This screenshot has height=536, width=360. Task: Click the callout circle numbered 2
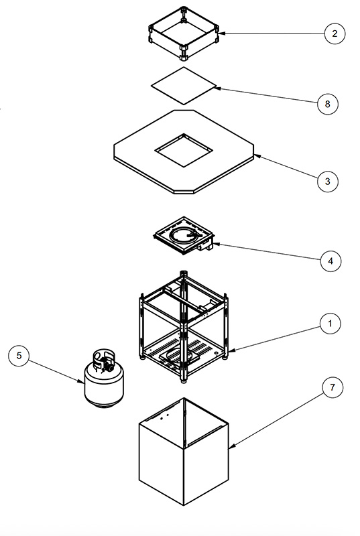335,33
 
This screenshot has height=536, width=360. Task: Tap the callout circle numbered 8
328,104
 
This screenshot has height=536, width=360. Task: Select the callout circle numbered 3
328,182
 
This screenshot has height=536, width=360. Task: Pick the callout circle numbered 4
331,261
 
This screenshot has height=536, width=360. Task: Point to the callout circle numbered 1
331,324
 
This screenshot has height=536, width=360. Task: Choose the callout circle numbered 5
19,356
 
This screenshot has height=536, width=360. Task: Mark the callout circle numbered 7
333,387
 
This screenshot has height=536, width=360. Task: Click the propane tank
104,379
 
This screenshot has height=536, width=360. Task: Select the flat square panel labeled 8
184,86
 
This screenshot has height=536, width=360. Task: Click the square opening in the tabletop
184,150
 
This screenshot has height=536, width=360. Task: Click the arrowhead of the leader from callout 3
255,155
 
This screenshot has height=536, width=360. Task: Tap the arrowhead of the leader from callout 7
230,447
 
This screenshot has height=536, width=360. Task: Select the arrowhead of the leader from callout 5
82,382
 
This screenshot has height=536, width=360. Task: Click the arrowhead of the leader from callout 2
219,33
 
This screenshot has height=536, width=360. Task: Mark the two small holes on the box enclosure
164,416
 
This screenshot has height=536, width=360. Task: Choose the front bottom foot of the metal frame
184,380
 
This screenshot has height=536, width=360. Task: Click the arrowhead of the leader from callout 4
215,244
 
